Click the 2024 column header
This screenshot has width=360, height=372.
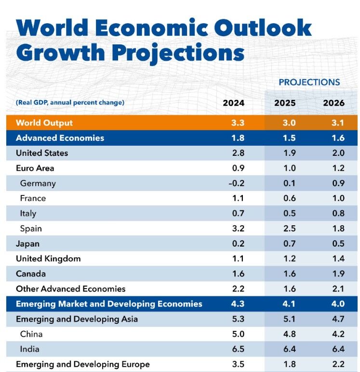pos(233,103)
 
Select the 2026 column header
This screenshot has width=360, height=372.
pos(333,103)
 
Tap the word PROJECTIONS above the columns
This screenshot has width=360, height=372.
pos(309,82)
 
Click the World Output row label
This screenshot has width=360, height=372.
pos(44,123)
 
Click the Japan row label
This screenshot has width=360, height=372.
pos(28,244)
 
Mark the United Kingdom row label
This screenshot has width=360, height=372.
pos(48,259)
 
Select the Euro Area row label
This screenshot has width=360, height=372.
pos(35,168)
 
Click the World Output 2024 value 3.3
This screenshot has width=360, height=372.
pos(238,123)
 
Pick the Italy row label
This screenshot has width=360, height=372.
pos(28,213)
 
